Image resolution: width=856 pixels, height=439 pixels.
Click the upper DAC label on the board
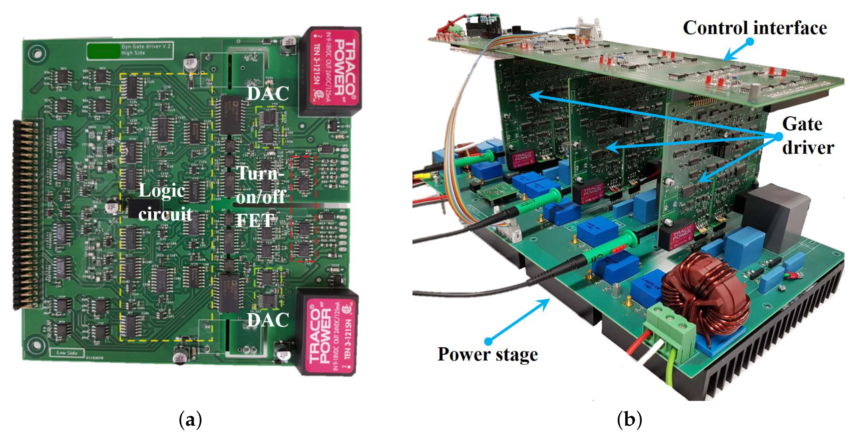[x=268, y=93]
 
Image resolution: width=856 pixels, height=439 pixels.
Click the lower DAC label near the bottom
[x=268, y=320]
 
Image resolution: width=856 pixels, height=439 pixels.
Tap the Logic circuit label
[x=165, y=202]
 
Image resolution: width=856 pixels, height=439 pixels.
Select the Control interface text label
[x=755, y=28]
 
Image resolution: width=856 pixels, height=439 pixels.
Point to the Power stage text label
[x=488, y=354]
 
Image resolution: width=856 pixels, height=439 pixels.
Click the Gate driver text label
[x=808, y=136]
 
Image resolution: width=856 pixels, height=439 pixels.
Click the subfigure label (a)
[x=190, y=420]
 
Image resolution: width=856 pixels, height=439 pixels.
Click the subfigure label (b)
[x=629, y=420]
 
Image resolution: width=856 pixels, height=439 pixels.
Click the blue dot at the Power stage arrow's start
[x=488, y=341]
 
